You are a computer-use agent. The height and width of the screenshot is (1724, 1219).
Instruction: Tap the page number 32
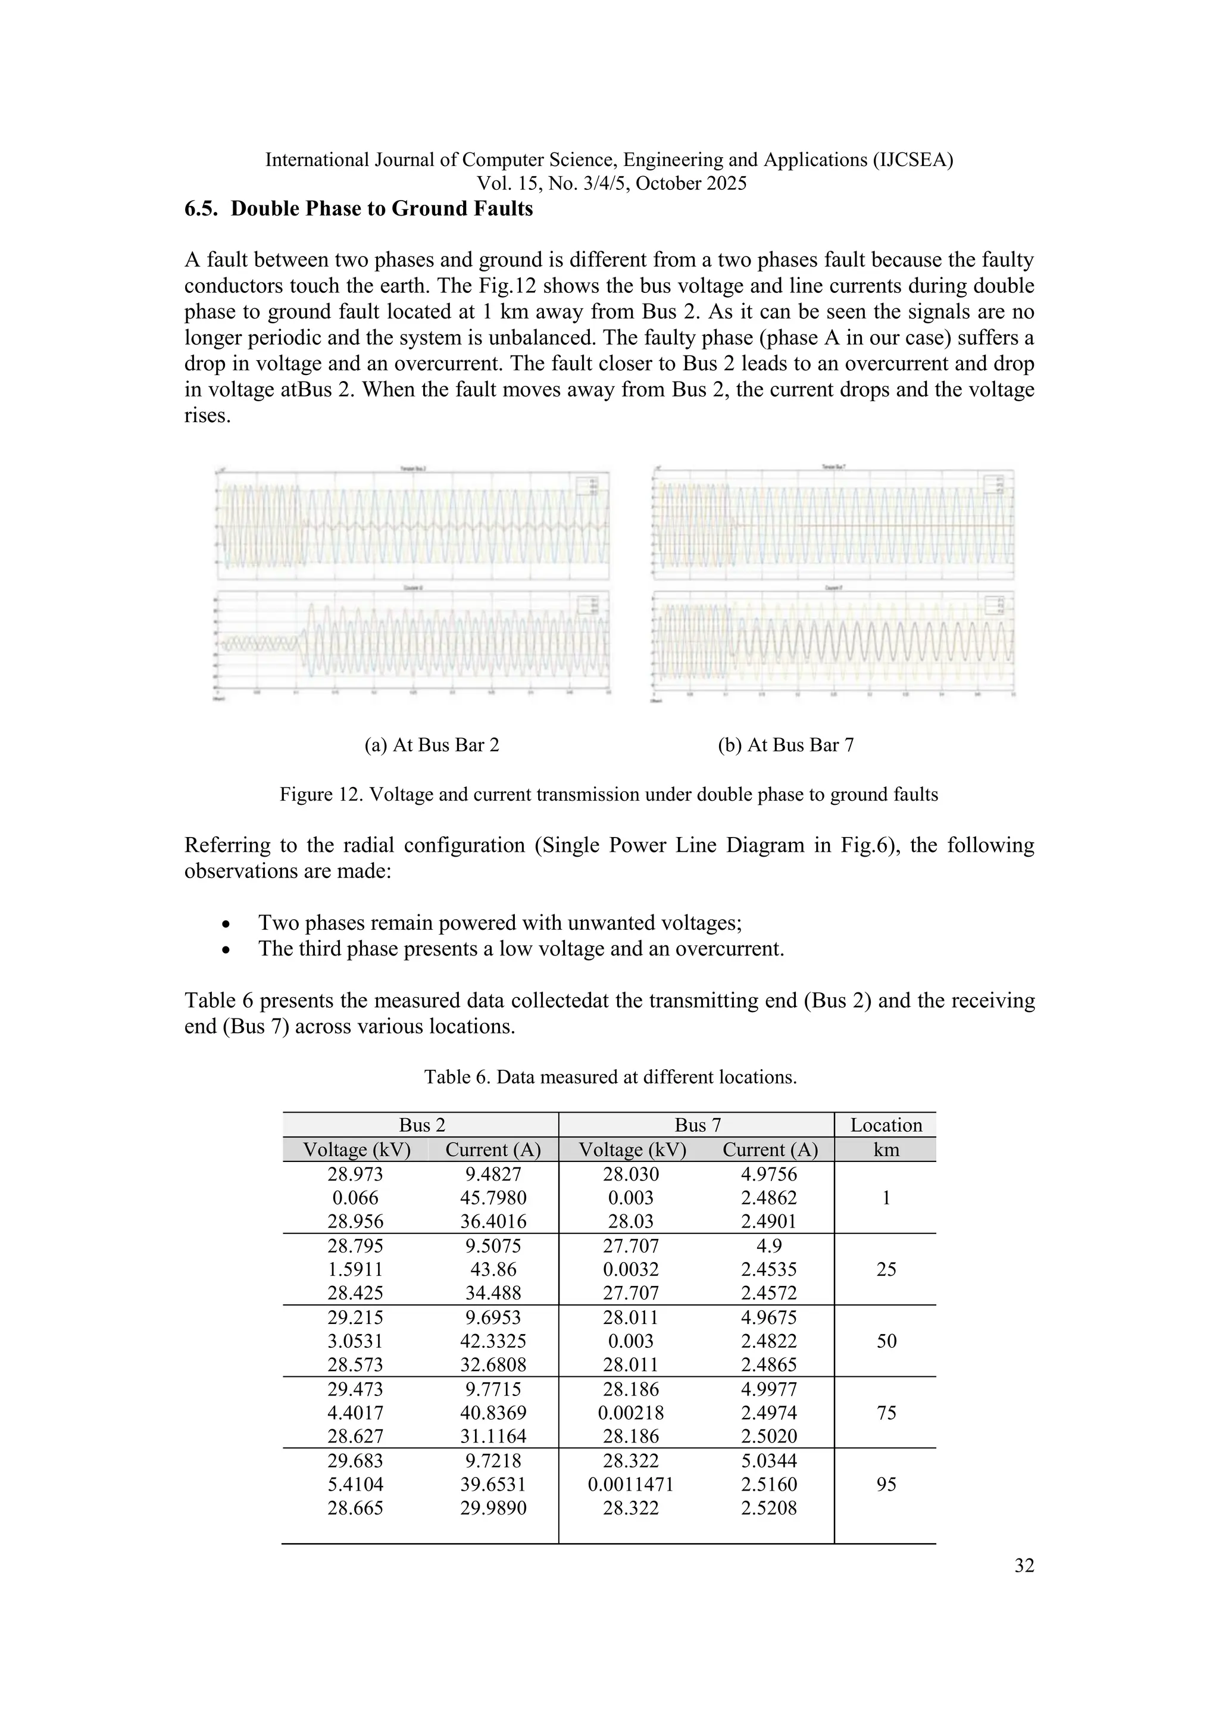pos(1024,1566)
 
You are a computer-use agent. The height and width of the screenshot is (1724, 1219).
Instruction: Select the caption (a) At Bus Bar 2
pos(432,745)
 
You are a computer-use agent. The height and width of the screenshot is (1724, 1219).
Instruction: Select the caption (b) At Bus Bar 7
pos(785,745)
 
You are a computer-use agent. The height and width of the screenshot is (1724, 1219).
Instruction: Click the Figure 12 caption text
pos(609,794)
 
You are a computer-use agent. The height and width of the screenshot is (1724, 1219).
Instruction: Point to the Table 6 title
pos(609,1077)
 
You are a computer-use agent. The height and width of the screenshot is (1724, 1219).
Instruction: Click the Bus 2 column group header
pos(422,1125)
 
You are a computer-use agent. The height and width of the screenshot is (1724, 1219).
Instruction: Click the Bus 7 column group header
pos(698,1125)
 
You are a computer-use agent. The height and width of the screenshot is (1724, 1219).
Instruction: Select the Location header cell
pos(886,1125)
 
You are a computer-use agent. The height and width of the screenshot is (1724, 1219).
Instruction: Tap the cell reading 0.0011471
pos(630,1485)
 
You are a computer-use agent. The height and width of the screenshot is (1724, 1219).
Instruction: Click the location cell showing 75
pos(886,1413)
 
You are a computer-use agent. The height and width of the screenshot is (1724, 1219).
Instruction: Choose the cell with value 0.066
pos(355,1198)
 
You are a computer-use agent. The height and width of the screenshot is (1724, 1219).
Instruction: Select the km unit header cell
pos(886,1150)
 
